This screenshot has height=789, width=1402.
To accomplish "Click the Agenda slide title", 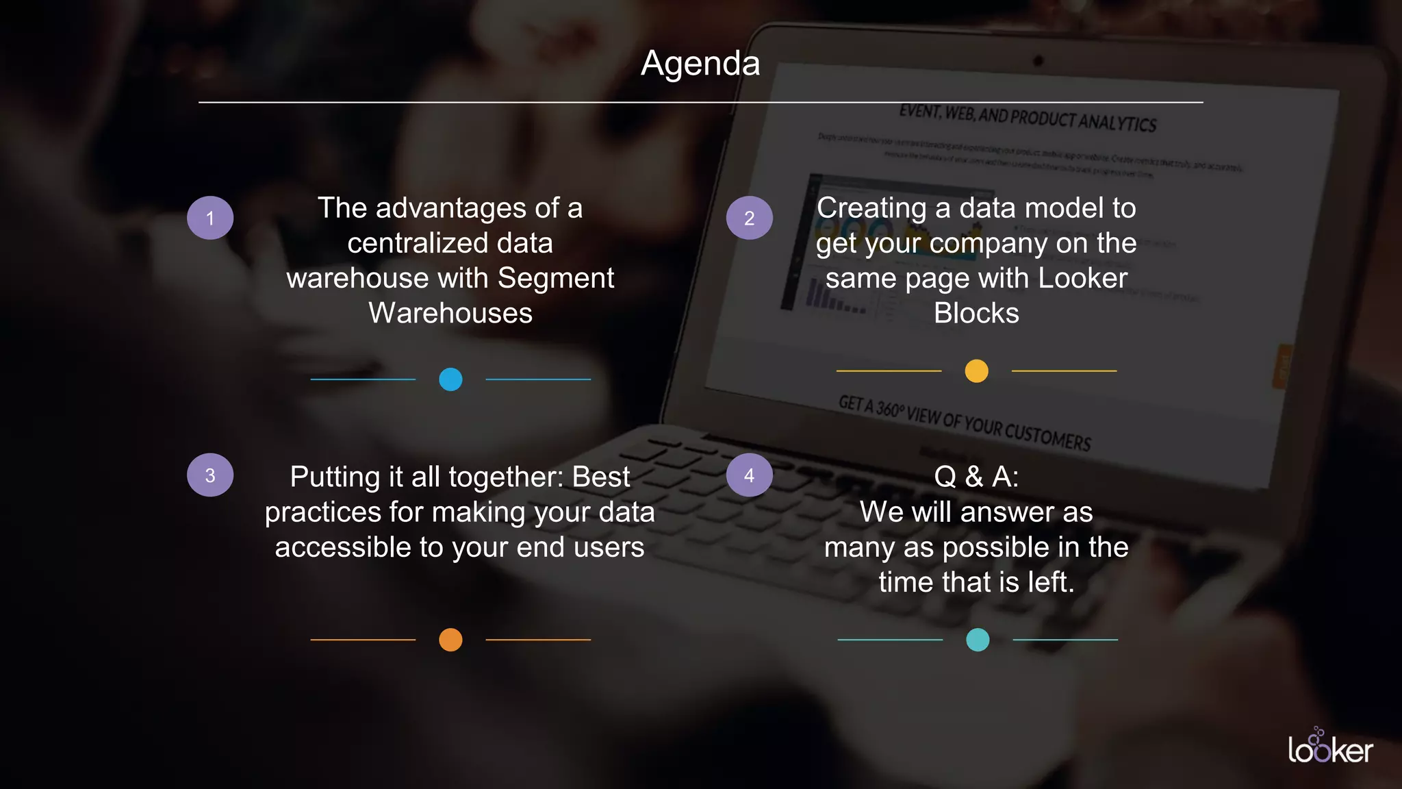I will click(700, 64).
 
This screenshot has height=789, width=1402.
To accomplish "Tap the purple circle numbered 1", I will click(210, 218).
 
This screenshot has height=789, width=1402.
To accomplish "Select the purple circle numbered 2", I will click(750, 218).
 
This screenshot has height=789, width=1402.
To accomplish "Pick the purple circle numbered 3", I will click(210, 475).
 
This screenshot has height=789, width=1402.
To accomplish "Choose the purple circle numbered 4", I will click(750, 475).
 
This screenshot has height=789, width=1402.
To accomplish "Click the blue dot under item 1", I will click(450, 379).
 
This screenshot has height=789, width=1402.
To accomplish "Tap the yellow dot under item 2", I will click(976, 371).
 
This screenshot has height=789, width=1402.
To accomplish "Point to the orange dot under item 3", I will click(450, 640).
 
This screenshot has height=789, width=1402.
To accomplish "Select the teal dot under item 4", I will click(978, 640).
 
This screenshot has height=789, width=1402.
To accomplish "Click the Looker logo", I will click(1330, 748).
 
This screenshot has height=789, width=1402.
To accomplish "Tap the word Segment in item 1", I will click(556, 278).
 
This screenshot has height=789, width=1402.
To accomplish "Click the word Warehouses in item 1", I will click(450, 314).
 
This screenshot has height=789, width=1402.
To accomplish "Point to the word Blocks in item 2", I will click(976, 314).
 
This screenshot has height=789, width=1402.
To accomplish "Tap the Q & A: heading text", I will click(976, 477).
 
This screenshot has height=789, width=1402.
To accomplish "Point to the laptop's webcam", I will click(1038, 61).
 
